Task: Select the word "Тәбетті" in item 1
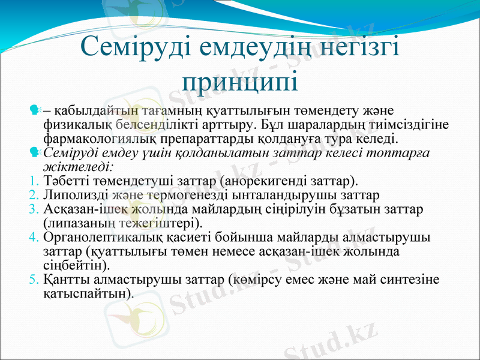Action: pos(64,180)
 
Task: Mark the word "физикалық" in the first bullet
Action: pos(70,125)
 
